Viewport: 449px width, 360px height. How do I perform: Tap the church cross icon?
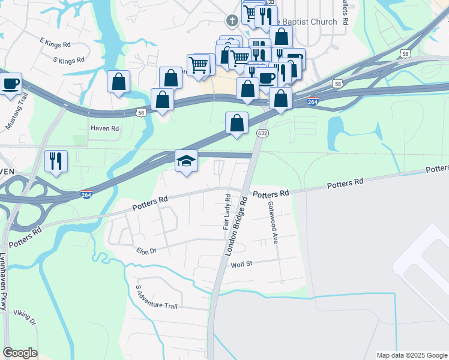(x=232, y=22)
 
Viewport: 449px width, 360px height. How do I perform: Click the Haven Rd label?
(x=104, y=128)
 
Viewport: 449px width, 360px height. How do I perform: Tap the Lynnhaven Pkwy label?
(x=4, y=282)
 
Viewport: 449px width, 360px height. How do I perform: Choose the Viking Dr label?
(x=25, y=317)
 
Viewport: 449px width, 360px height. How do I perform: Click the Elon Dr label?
(x=146, y=251)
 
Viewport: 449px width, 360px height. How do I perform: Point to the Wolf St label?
(x=242, y=264)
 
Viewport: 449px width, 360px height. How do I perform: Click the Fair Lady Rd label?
(x=227, y=212)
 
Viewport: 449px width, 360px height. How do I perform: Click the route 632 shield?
(x=262, y=133)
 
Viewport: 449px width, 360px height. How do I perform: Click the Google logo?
(x=20, y=353)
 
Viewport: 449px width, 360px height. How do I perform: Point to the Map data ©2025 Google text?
(x=411, y=355)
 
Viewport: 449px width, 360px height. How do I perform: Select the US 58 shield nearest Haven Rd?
(x=140, y=112)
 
